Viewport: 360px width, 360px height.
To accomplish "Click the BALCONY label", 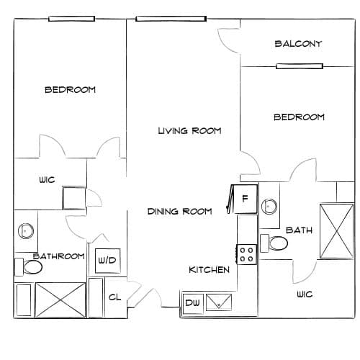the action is [298, 44].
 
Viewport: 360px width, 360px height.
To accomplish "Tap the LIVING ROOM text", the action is [189, 131].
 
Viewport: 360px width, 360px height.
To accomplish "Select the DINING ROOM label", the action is [179, 212].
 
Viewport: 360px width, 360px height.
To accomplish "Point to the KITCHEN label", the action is [209, 270].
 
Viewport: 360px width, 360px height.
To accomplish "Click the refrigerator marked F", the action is [245, 199].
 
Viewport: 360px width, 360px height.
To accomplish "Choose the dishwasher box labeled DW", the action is [193, 303].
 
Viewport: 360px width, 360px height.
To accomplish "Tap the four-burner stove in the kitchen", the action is [247, 254].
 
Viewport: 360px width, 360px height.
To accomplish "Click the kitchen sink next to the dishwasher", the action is [219, 302].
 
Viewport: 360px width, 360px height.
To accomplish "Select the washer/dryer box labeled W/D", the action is [107, 261].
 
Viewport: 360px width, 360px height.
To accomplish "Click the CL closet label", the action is [114, 297].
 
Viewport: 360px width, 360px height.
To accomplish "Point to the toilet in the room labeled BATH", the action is [274, 243].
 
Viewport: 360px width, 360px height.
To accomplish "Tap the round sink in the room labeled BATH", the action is [269, 207].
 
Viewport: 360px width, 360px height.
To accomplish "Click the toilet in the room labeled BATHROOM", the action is [29, 267].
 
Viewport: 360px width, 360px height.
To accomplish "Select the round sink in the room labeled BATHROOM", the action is [26, 231].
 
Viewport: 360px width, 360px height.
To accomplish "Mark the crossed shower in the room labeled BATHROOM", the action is [60, 300].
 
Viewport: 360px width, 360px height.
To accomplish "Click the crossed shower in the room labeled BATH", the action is [337, 231].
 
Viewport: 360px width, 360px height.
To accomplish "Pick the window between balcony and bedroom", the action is [300, 66].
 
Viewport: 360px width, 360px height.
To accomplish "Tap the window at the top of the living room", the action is [171, 19].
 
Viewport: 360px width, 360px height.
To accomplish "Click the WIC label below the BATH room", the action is [305, 294].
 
